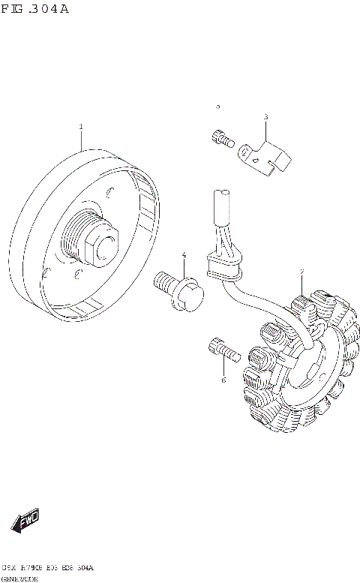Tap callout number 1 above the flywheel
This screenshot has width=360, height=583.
(81, 128)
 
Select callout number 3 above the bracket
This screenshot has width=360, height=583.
(265, 117)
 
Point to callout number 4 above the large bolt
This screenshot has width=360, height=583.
(184, 256)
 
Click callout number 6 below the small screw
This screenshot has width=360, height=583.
(223, 381)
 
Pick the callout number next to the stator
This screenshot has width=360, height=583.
(301, 271)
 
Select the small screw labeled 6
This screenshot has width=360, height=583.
(221, 348)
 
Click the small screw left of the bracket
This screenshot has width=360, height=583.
(220, 138)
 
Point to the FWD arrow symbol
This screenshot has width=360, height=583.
(25, 519)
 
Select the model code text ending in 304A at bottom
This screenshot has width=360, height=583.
(48, 569)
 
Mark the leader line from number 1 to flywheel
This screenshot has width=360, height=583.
(81, 141)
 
